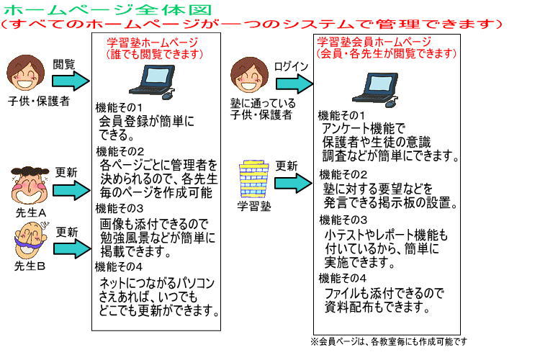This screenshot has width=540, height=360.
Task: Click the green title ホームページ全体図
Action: (x=107, y=9)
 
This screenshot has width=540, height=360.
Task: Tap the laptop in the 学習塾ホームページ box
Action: (x=153, y=82)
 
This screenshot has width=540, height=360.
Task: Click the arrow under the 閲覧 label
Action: (x=71, y=81)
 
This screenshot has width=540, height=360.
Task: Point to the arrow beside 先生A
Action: (x=71, y=190)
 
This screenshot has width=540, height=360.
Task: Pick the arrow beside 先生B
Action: (x=72, y=248)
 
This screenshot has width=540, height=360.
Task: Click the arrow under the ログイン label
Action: (x=294, y=84)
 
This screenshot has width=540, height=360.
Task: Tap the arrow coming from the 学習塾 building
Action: (x=294, y=183)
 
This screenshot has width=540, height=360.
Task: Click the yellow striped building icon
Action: (x=254, y=179)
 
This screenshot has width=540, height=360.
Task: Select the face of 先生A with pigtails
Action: (x=30, y=185)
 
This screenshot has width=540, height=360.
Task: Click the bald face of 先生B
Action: (x=30, y=240)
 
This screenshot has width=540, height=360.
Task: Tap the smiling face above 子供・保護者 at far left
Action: (x=25, y=73)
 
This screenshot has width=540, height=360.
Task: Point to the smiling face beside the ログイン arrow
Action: (x=249, y=75)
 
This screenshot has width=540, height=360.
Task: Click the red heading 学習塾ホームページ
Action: (x=152, y=42)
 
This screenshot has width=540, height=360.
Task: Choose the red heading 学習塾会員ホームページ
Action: (x=374, y=42)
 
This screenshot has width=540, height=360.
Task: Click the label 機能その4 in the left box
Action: (x=119, y=266)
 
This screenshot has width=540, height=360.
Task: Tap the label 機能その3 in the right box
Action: (x=343, y=220)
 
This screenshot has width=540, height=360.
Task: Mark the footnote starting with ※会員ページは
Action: (x=389, y=341)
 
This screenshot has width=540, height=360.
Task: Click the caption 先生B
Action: (x=30, y=266)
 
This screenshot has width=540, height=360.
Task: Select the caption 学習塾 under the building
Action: (x=254, y=206)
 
